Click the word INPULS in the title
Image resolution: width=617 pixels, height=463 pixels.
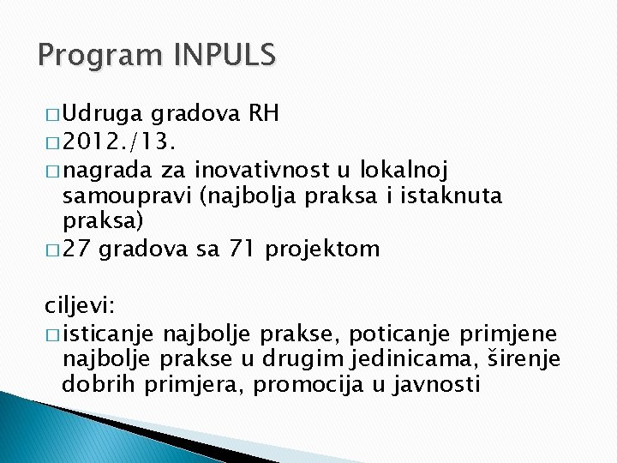coord(225,56)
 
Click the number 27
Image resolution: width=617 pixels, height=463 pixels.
coord(75,250)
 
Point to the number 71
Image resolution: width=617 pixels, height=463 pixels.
coord(243,250)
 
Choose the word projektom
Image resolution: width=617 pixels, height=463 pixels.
coord(322,250)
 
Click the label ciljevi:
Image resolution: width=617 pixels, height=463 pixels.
coord(81,306)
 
